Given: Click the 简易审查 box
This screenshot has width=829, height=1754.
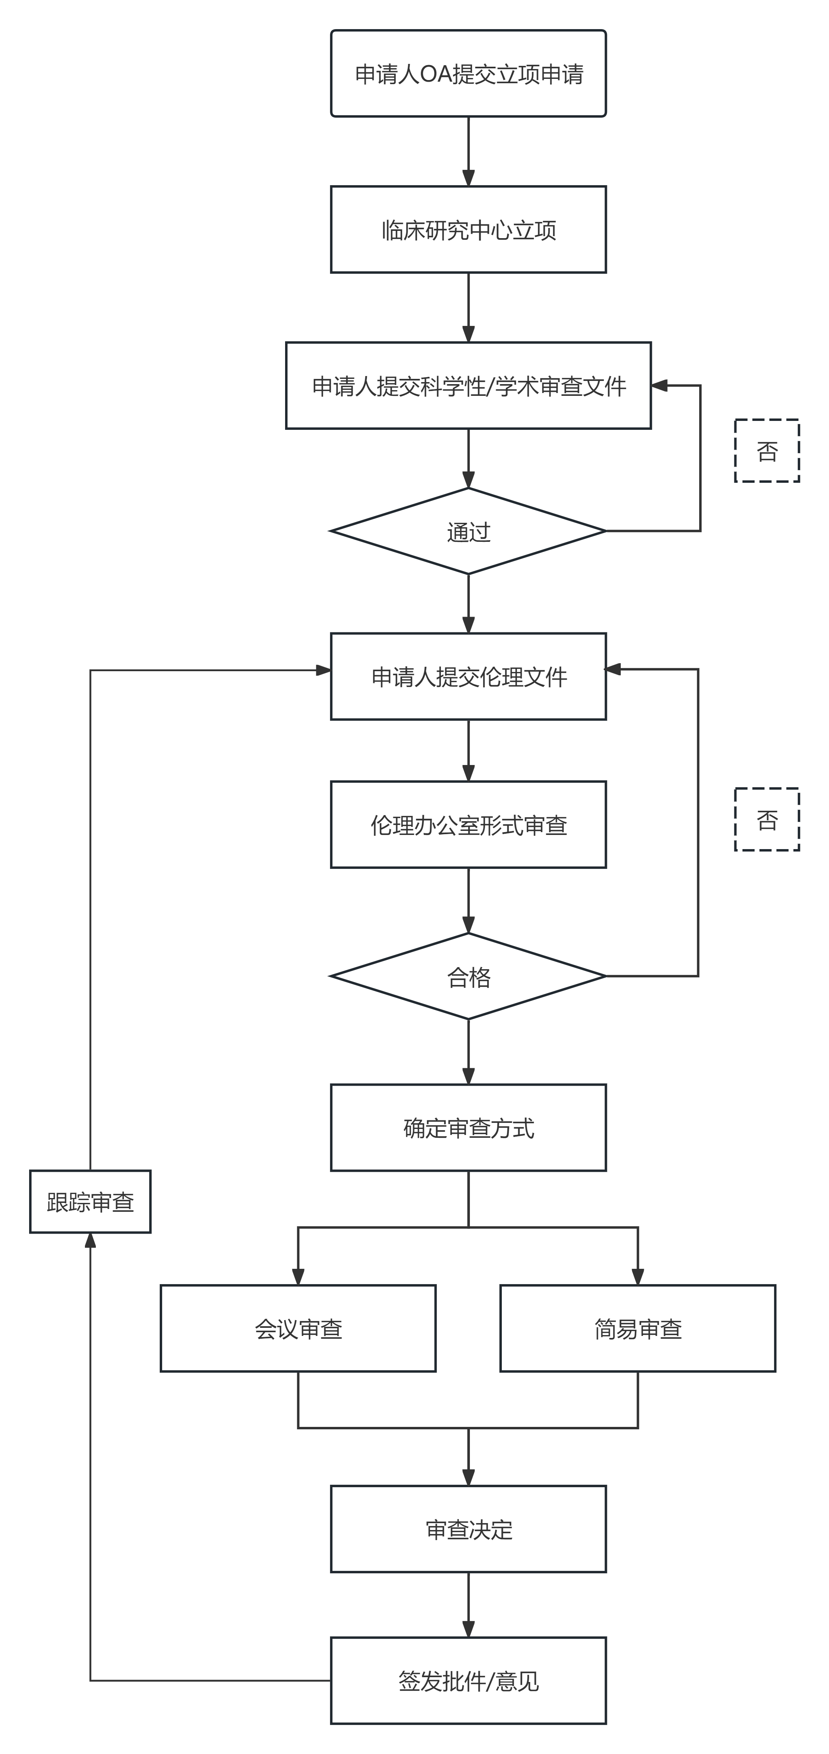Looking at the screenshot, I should pos(638,1328).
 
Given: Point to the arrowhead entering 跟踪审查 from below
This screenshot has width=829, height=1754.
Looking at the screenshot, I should pos(90,1240).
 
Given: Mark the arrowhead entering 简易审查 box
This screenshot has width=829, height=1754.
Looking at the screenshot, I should pos(638,1277).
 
